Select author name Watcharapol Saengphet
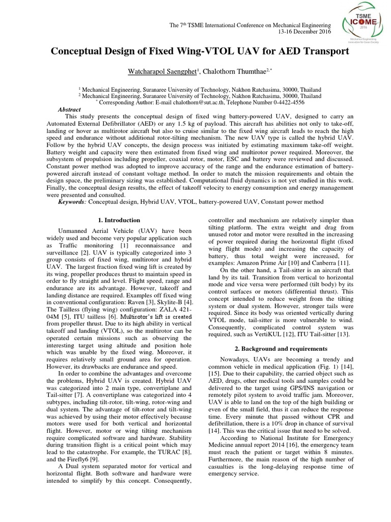[x=157, y=70]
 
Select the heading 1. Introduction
[x=119, y=220]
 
